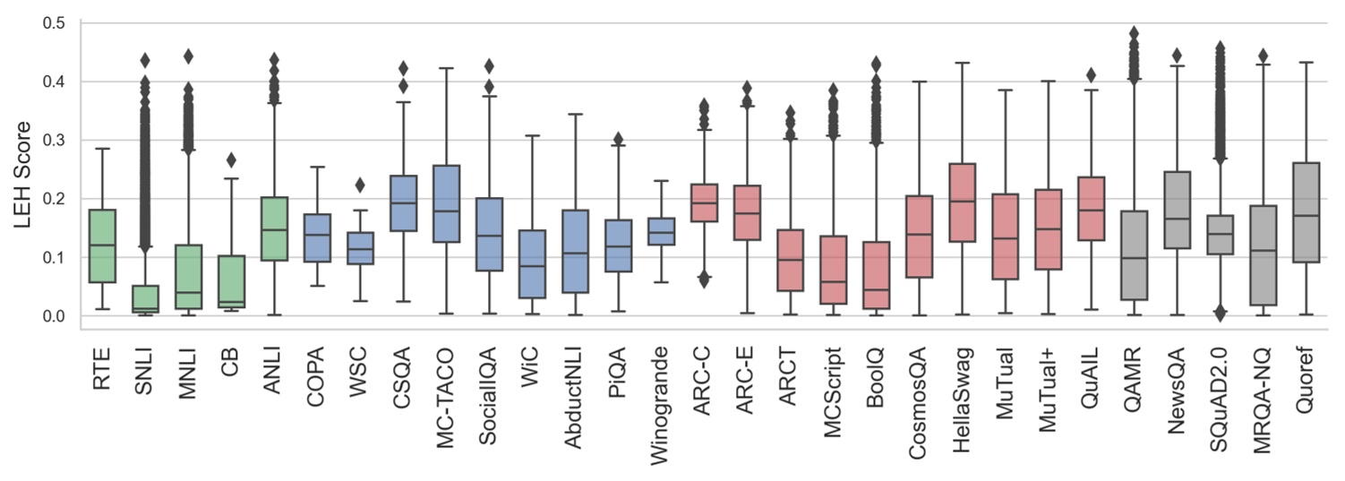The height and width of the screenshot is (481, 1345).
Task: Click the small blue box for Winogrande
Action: point(660,231)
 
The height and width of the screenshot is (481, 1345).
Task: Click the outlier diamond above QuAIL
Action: point(1091,75)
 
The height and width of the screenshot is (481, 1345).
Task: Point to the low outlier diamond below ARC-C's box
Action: point(703,280)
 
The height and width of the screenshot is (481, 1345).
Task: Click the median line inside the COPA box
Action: point(316,235)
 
